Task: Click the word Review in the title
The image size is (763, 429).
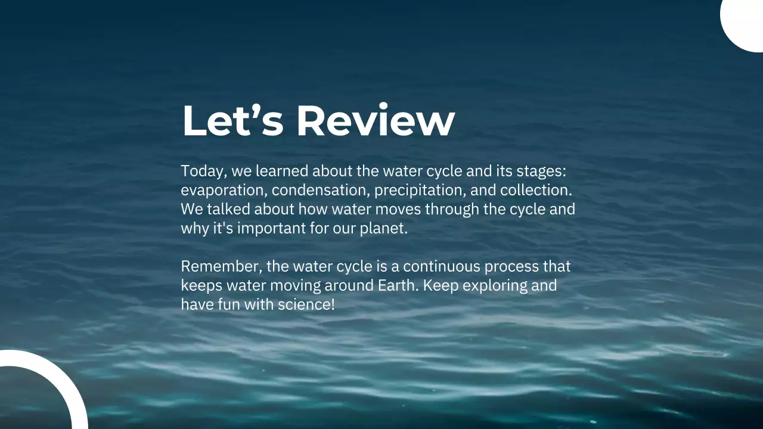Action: click(376, 120)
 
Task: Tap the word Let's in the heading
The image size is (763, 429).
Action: click(232, 120)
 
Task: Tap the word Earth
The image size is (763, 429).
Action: click(399, 285)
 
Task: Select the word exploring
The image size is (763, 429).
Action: click(495, 285)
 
